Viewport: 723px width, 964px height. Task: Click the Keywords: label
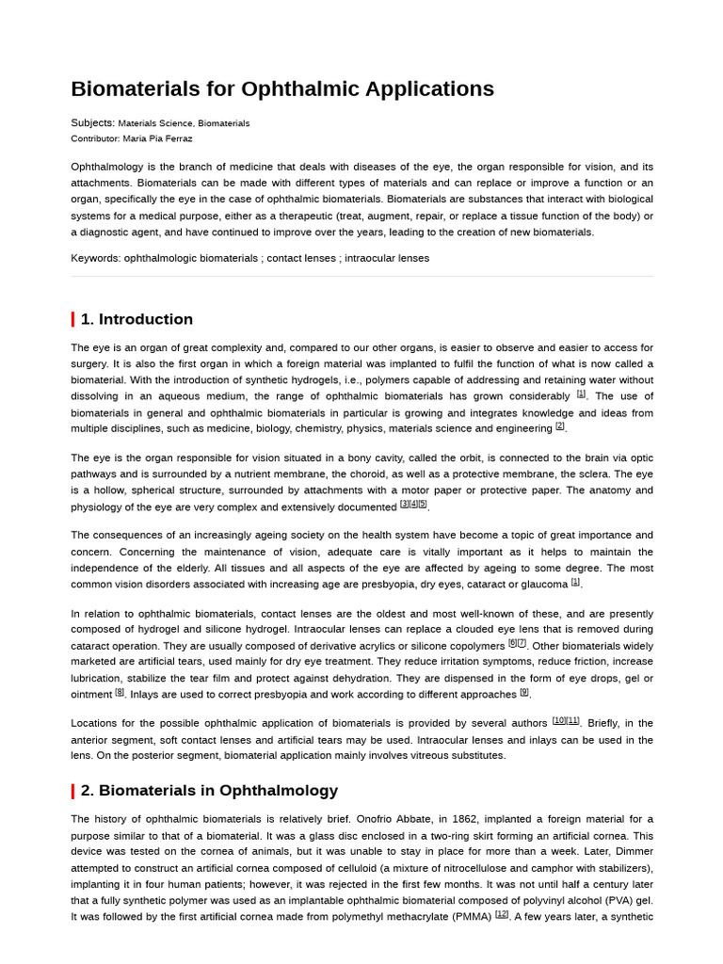pyautogui.click(x=95, y=258)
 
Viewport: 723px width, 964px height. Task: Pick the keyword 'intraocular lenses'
pyautogui.click(x=387, y=258)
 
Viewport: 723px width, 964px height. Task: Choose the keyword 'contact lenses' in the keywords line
pyautogui.click(x=300, y=258)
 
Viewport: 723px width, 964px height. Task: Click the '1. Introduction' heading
pyautogui.click(x=137, y=319)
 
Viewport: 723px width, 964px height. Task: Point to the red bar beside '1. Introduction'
pyautogui.click(x=72, y=319)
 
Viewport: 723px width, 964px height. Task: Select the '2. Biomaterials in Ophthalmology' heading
pyautogui.click(x=209, y=791)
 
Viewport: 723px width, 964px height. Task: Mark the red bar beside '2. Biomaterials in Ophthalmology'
pyautogui.click(x=72, y=791)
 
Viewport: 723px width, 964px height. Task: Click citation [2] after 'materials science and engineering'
pyautogui.click(x=560, y=426)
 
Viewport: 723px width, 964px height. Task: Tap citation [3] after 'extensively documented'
pyautogui.click(x=405, y=504)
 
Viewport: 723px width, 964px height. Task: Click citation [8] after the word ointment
pyautogui.click(x=120, y=692)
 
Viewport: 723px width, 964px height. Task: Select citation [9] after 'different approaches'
pyautogui.click(x=524, y=692)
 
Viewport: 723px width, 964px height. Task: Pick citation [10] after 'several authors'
pyautogui.click(x=559, y=720)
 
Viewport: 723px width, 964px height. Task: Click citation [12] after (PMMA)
pyautogui.click(x=502, y=913)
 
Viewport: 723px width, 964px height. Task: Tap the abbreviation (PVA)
pyautogui.click(x=613, y=900)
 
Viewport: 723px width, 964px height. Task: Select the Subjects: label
pyautogui.click(x=92, y=122)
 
